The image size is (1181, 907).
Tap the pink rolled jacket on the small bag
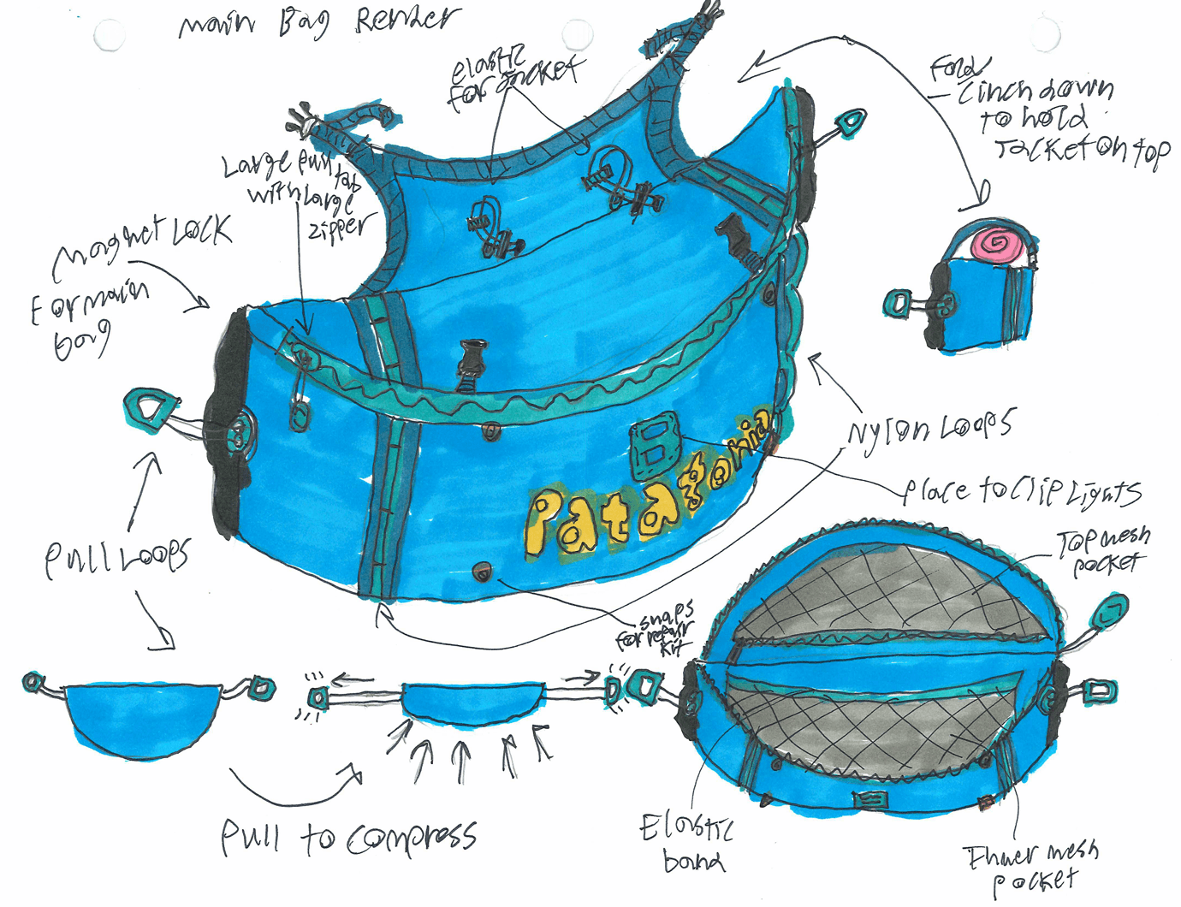click(996, 244)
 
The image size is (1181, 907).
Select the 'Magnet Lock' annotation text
click(141, 244)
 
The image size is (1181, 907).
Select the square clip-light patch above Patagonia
click(655, 446)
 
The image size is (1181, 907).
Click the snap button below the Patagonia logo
click(483, 570)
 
